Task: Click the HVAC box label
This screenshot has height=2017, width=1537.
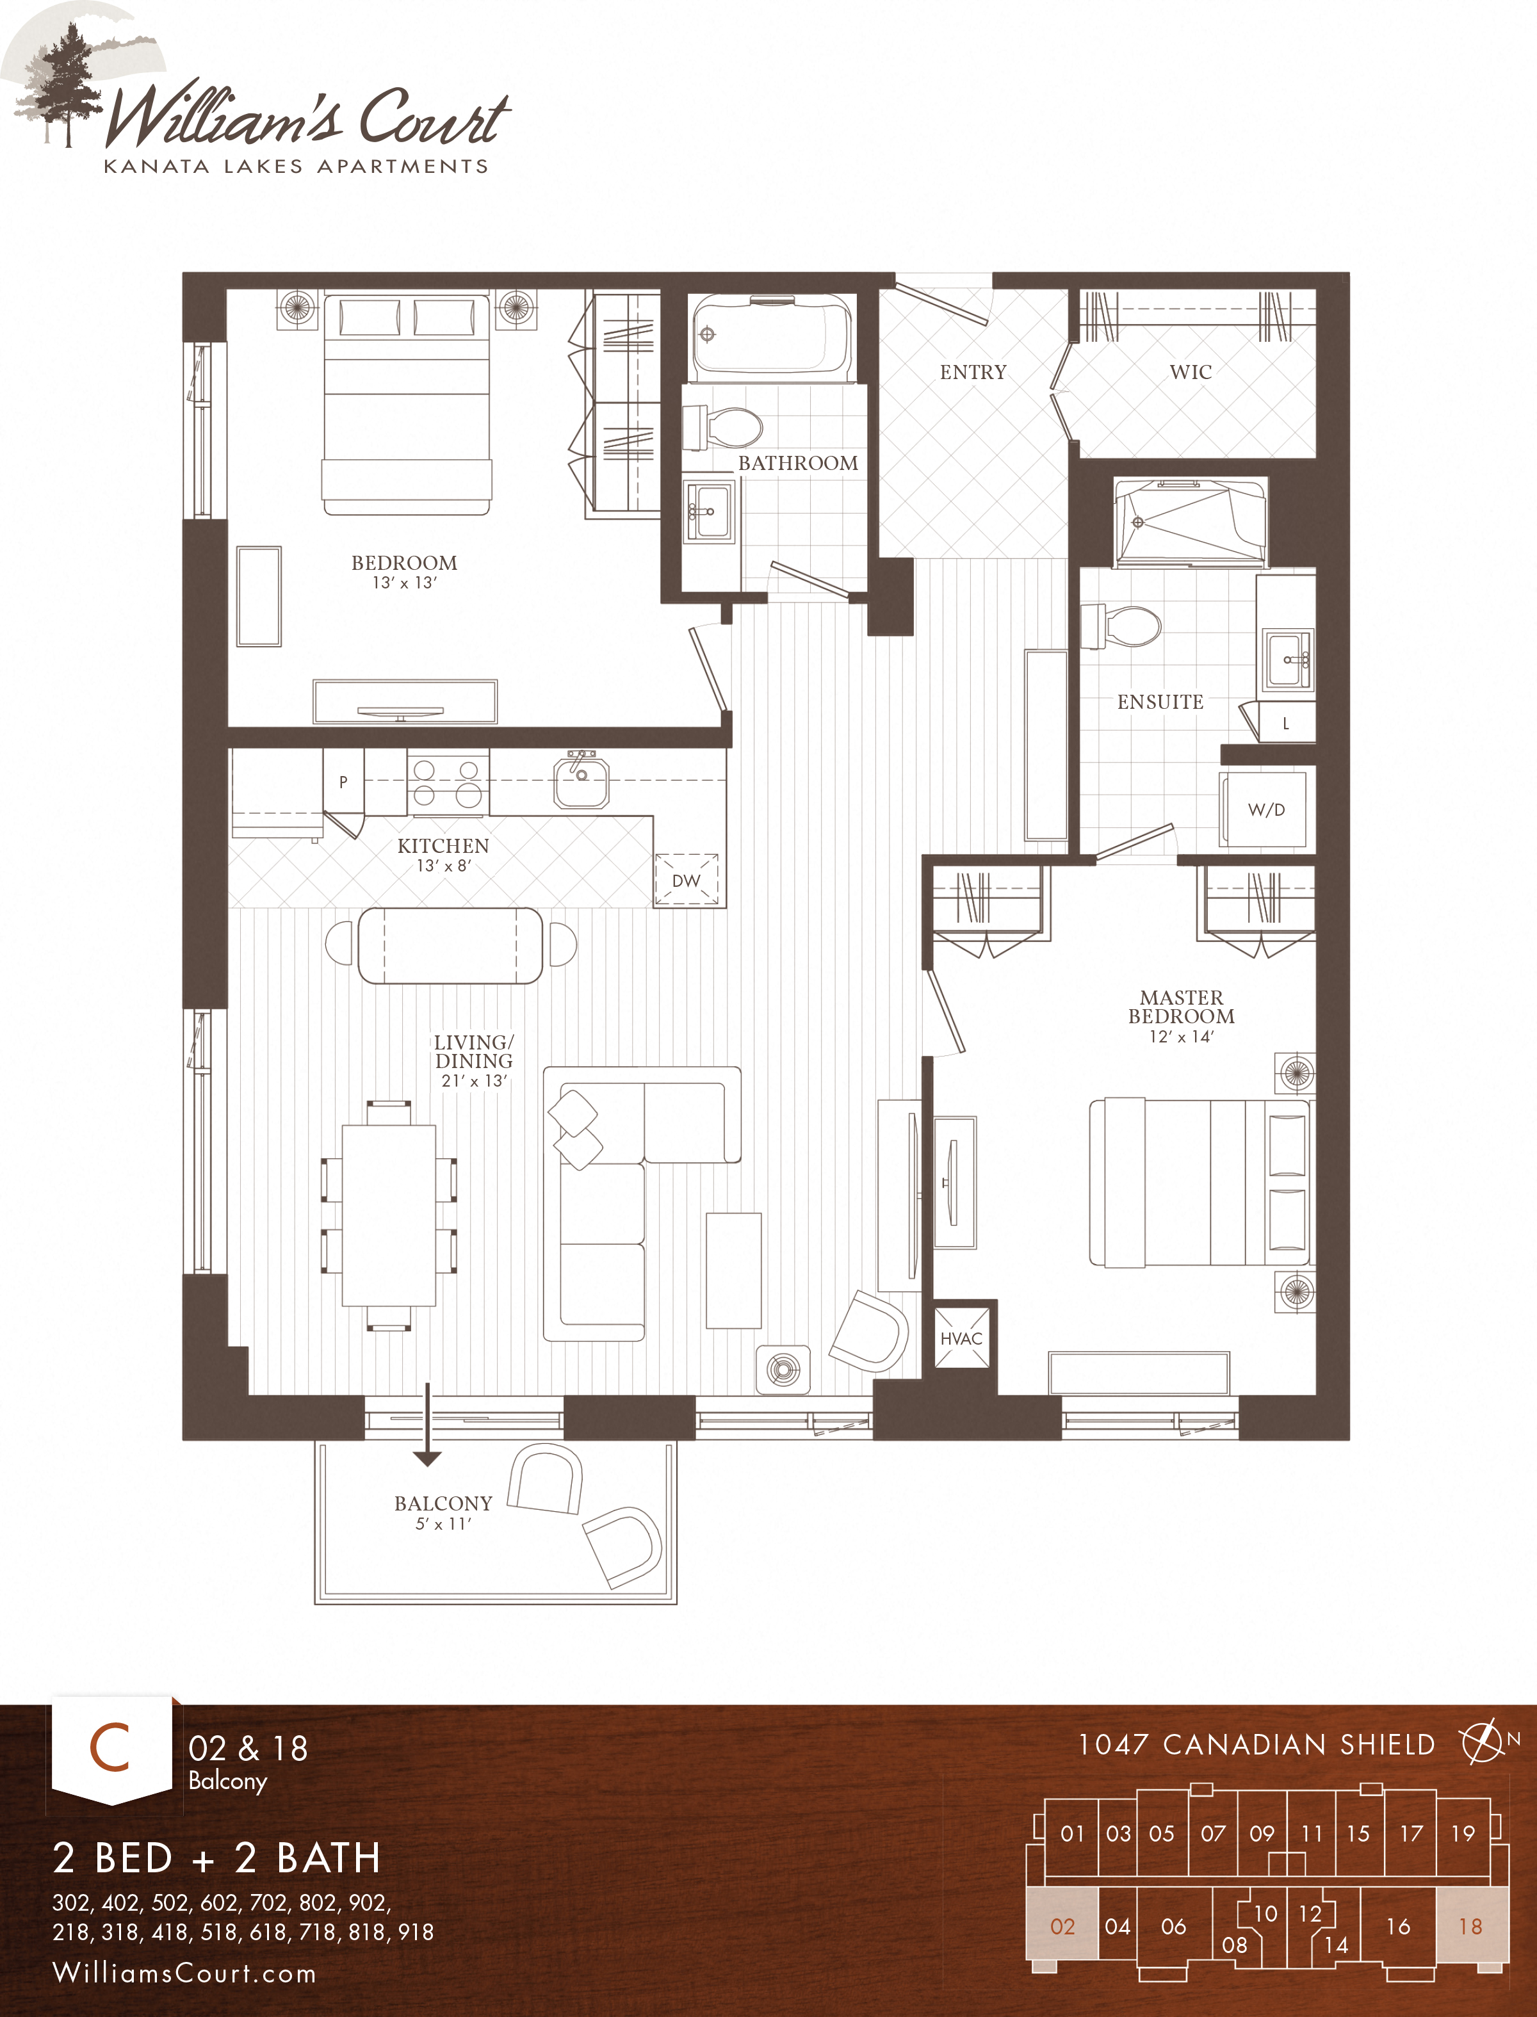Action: pos(961,1338)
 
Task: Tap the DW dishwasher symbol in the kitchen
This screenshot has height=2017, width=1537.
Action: pos(686,880)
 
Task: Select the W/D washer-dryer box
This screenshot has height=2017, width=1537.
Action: pos(1266,809)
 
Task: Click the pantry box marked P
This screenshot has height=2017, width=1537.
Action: pos(343,781)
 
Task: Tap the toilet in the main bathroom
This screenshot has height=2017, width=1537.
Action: pos(724,427)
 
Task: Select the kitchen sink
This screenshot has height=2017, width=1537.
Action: pos(581,782)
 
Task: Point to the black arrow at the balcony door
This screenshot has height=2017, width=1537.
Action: pos(427,1454)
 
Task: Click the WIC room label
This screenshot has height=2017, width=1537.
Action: pos(1191,372)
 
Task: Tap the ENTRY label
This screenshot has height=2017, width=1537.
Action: pos(973,372)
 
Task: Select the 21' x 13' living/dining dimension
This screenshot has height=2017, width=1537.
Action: pos(474,1080)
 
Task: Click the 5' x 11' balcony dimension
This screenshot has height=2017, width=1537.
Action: pos(443,1524)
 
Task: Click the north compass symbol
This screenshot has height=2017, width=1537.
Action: pos(1483,1742)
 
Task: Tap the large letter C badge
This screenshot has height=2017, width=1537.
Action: pos(110,1747)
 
